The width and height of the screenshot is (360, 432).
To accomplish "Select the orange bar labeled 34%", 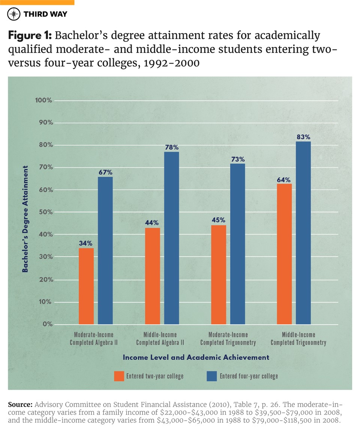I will (86, 286).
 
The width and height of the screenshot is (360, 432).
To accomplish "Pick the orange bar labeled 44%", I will (152, 276).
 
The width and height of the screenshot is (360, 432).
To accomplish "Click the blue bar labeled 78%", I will (171, 238).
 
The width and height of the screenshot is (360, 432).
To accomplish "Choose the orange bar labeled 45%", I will (219, 275).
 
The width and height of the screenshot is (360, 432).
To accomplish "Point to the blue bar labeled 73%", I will (237, 244).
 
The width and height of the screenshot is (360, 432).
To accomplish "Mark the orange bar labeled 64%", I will (284, 254).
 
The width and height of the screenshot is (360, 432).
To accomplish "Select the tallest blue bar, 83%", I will (303, 233).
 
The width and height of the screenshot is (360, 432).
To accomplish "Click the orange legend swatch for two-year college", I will (119, 376).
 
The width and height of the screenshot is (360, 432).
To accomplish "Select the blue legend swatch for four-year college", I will (211, 376).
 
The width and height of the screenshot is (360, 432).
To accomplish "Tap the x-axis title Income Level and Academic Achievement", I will (196, 357).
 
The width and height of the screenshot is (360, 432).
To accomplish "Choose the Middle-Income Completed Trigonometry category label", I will (298, 339).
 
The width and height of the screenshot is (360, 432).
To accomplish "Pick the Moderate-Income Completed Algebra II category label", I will (91, 339).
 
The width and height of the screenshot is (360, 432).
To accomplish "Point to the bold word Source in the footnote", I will (20, 405).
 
